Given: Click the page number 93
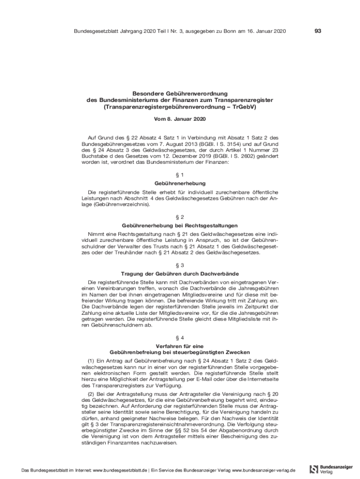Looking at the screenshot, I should [x=318, y=31].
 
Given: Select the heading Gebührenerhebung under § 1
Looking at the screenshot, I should [x=180, y=183].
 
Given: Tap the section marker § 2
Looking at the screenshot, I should [x=180, y=217].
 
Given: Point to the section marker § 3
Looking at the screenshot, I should [x=180, y=265].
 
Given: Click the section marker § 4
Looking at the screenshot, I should [x=180, y=337].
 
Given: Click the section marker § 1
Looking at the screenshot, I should [x=180, y=174].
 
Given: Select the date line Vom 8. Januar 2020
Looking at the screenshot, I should [x=180, y=119].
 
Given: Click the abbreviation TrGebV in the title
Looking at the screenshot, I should [x=245, y=107].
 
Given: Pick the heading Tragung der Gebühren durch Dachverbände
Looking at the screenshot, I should [x=180, y=273].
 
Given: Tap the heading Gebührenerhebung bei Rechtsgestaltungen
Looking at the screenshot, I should [x=180, y=225].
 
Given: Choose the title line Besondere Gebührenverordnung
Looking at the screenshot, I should [x=180, y=93].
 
